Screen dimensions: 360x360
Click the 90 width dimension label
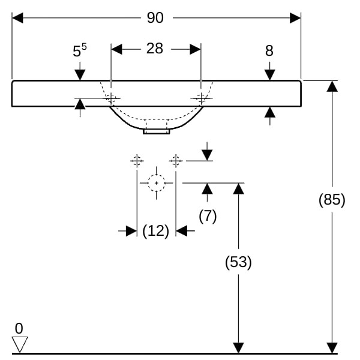tap(155, 18)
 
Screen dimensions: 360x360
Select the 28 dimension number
tap(155, 49)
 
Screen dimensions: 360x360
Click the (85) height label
tap(332, 200)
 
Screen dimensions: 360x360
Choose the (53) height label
tap(238, 262)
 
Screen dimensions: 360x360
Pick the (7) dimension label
tap(207, 216)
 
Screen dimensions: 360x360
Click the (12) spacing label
tap(155, 230)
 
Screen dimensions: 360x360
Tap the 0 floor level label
tap(19, 328)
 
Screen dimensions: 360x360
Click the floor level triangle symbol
tap(20, 344)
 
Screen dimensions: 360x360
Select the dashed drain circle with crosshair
tap(156, 182)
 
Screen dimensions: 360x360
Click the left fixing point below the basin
tap(137, 160)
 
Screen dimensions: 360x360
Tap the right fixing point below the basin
tap(175, 160)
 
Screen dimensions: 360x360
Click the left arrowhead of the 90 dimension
tap(17, 18)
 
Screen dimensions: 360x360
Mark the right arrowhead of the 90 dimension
tap(295, 18)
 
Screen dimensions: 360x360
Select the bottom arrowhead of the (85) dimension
tap(332, 348)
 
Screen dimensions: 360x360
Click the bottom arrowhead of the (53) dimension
tap(238, 348)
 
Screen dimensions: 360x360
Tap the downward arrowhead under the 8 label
tap(269, 74)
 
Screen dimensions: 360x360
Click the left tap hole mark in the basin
tap(111, 98)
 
